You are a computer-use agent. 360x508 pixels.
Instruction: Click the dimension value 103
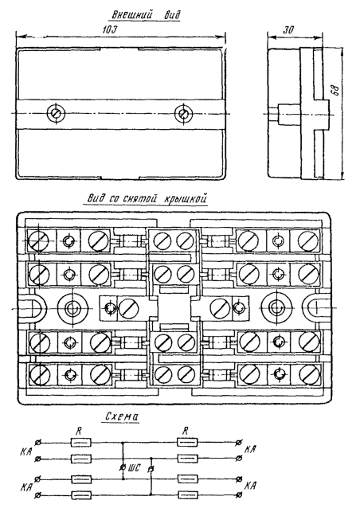[109, 29]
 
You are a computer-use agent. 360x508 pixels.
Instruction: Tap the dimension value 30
[288, 29]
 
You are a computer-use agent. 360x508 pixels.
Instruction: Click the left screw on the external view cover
[56, 113]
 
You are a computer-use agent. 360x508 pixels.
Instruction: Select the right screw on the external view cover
[183, 113]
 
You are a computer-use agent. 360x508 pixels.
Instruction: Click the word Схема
[122, 416]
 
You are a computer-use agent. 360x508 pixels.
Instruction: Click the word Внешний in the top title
[131, 15]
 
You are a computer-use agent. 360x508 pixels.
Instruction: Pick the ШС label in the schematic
[134, 467]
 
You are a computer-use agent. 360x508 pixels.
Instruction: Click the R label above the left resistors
[78, 431]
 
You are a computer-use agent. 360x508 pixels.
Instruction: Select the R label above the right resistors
[185, 431]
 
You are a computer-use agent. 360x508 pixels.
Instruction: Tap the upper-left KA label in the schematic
[25, 451]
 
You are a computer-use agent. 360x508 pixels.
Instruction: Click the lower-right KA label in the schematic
[249, 486]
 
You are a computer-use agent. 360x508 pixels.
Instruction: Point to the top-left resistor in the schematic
[80, 442]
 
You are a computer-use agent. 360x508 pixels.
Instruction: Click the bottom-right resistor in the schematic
[188, 494]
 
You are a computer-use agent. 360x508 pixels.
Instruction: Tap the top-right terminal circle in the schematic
[239, 442]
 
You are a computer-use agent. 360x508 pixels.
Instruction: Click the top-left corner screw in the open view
[38, 240]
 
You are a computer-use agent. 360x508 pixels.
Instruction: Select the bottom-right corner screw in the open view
[310, 373]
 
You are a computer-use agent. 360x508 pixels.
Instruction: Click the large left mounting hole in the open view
[72, 308]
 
